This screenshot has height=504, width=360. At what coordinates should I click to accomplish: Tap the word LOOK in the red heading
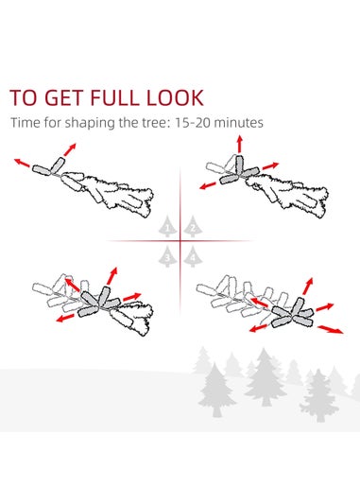[175, 97]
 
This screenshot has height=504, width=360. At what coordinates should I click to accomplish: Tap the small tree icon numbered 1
[167, 227]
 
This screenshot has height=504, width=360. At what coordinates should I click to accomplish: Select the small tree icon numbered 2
[193, 227]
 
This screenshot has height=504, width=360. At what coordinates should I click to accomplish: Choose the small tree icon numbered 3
[167, 256]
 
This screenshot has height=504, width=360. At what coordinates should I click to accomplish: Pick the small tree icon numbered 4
[193, 256]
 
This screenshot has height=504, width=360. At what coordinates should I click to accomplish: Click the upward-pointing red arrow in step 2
[240, 145]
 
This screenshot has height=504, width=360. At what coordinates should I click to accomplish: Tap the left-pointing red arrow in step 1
[22, 163]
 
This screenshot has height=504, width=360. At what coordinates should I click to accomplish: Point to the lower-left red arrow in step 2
[208, 185]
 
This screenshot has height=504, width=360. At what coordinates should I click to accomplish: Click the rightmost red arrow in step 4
[331, 329]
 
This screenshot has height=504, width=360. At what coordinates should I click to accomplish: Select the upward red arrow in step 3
[112, 276]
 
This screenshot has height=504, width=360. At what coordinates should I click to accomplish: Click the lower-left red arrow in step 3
[65, 319]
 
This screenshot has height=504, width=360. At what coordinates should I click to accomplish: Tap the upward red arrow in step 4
[308, 287]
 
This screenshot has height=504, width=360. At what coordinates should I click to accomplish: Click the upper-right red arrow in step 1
[70, 149]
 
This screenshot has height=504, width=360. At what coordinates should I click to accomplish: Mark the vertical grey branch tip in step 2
[240, 165]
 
